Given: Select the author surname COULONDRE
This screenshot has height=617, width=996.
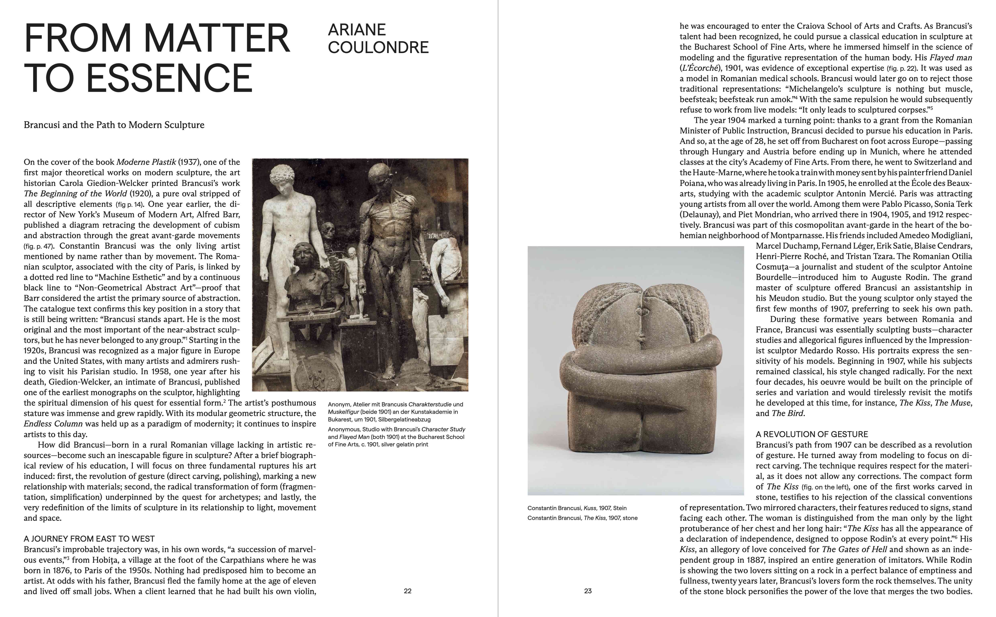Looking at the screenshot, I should click(378, 47).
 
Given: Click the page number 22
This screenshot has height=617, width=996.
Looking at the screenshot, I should click(407, 591).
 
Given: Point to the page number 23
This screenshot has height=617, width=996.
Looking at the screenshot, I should click(588, 591).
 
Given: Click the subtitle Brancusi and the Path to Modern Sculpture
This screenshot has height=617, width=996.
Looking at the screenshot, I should click(114, 125).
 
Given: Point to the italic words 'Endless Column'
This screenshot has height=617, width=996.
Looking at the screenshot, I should click(53, 424).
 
